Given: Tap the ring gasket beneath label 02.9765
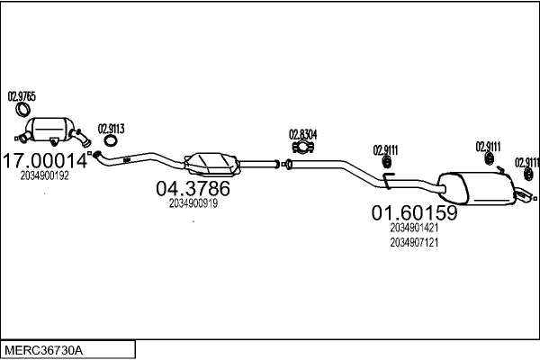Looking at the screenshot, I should tap(22, 112).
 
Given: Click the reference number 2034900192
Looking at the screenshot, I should tap(44, 176).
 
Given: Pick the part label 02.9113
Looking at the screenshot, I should tap(111, 127).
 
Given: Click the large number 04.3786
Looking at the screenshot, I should tap(193, 189).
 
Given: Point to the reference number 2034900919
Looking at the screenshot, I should tap(193, 203).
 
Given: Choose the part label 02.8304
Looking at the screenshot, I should tap(302, 135).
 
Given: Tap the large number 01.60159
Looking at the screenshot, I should tap(414, 214).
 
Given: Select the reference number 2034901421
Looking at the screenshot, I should tap(414, 229).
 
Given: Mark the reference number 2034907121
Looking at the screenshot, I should tap(414, 243).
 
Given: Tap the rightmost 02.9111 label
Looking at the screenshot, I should tap(526, 162).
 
